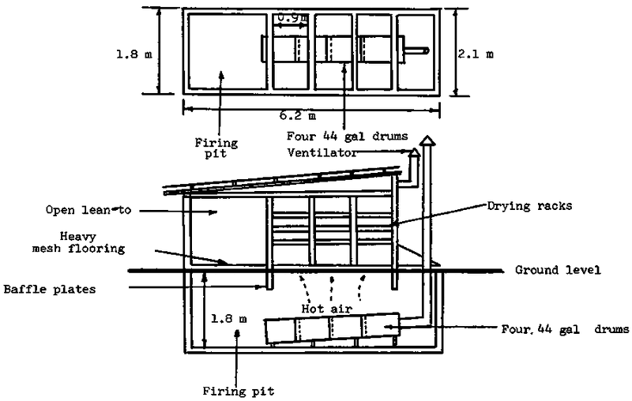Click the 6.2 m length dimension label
coord(298,116)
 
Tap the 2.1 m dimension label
coord(476,54)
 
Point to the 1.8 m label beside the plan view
coord(134,54)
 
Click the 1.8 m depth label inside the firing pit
coord(229,319)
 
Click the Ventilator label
coord(322,153)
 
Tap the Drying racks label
coord(529,206)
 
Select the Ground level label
coord(558,270)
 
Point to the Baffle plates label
coord(50,289)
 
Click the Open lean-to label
coord(88,210)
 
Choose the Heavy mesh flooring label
coord(78,242)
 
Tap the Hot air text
coord(327,309)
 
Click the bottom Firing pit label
coord(239,391)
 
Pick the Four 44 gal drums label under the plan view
coord(347,136)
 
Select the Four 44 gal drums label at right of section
coord(565,329)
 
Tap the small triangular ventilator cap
coord(414,153)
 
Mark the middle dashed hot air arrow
coord(331,288)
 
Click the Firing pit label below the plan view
coord(216,148)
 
